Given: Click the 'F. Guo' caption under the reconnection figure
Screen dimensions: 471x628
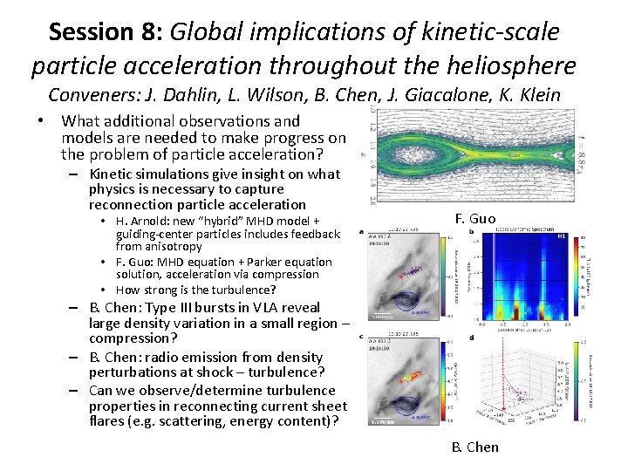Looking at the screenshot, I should (x=475, y=218).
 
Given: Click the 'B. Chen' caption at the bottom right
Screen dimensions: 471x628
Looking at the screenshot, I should (x=475, y=447).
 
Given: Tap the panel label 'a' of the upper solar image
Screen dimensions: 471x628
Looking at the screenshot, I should (x=362, y=233).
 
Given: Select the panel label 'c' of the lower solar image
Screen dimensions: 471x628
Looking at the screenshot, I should (x=362, y=338).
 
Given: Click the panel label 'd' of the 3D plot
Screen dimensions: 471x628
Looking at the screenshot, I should (x=472, y=338).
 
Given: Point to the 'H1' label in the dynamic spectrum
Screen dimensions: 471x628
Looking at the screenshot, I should (x=562, y=237).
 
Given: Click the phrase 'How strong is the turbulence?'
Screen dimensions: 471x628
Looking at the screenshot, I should (x=195, y=290).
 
